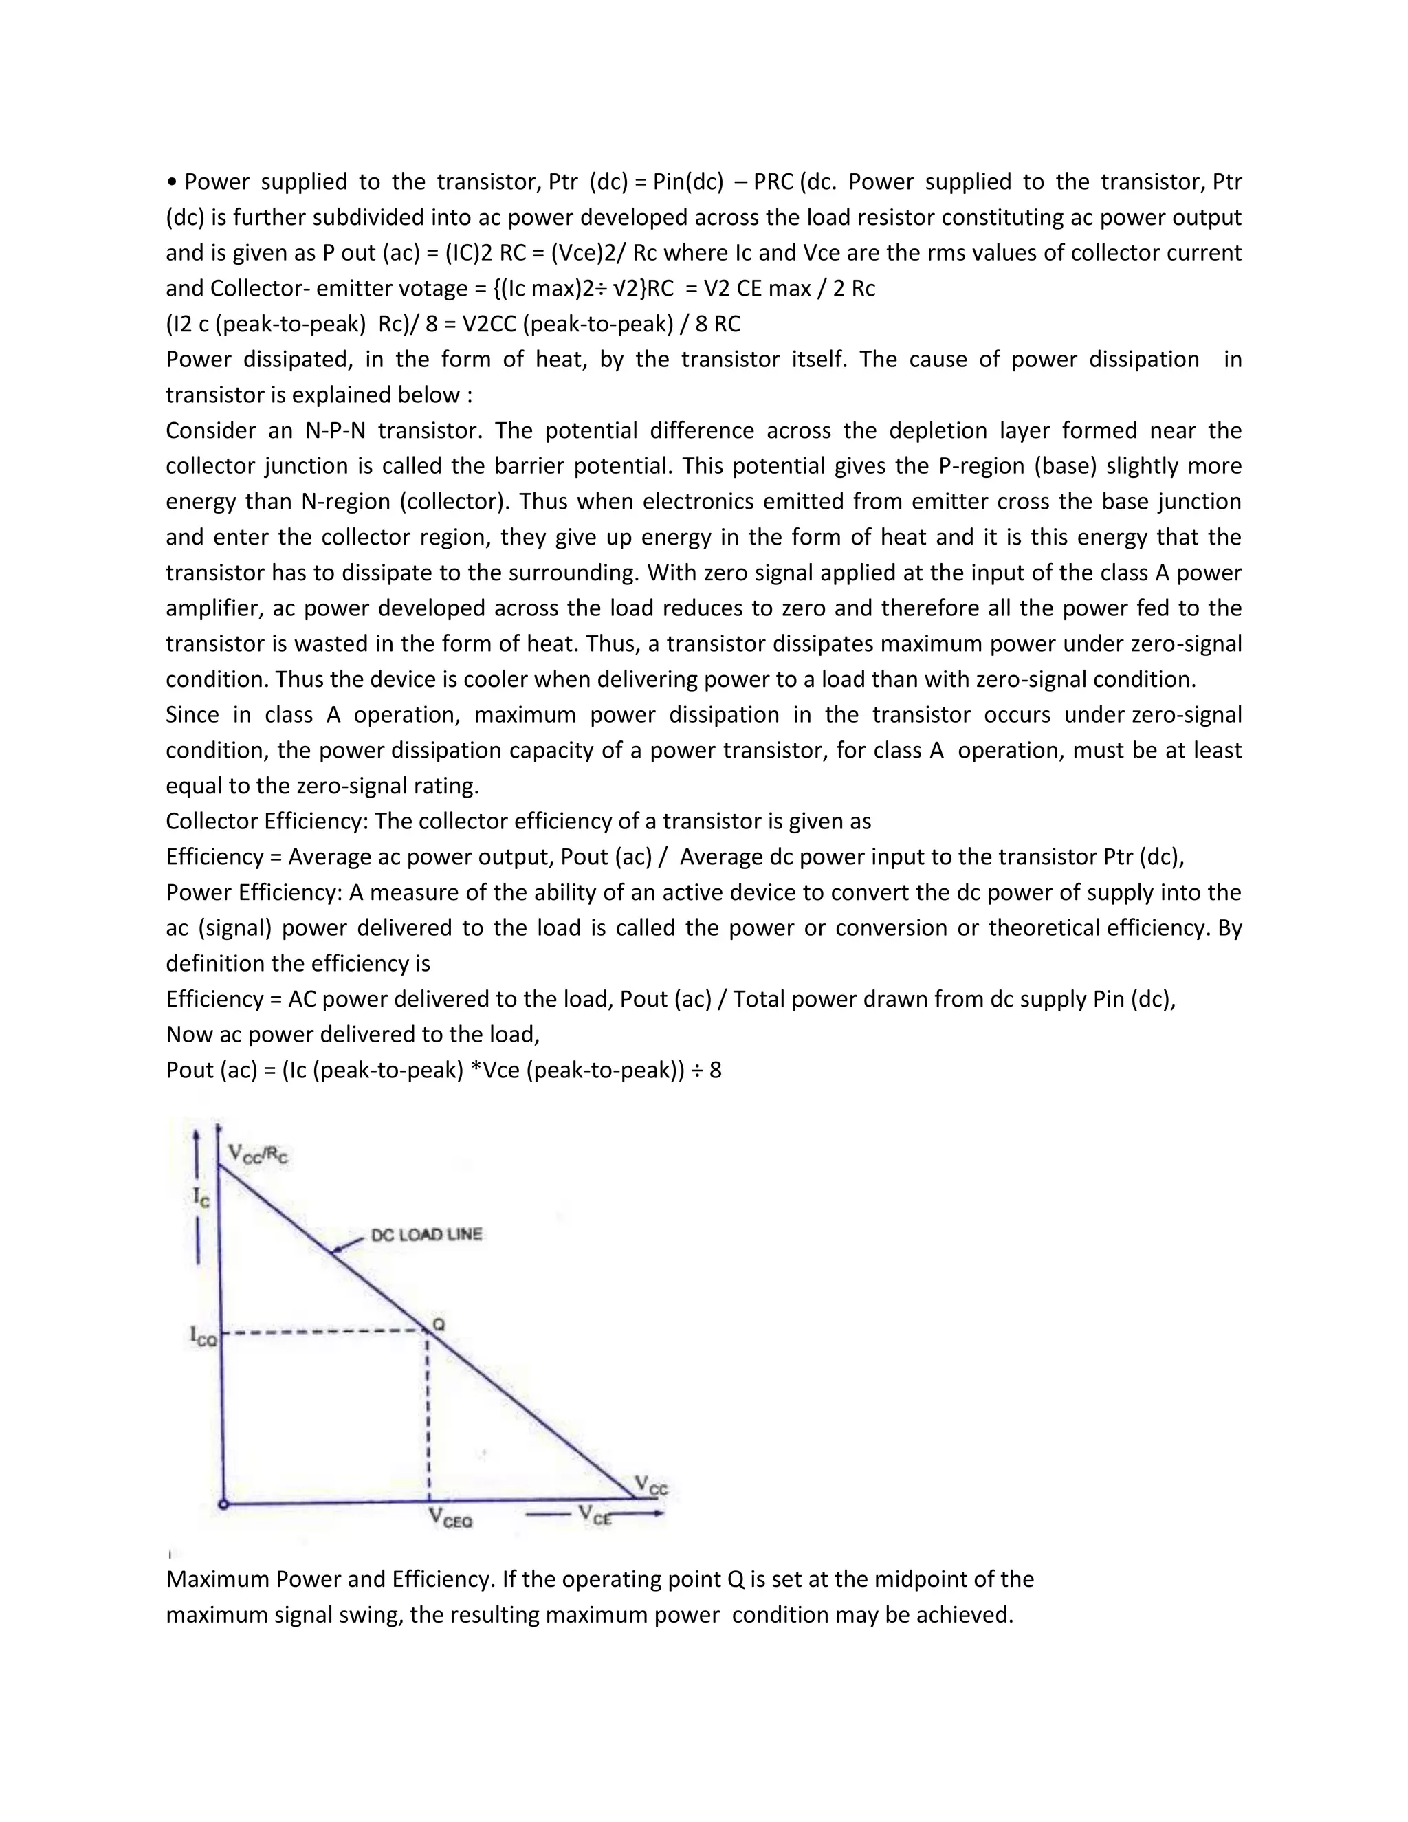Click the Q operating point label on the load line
(439, 1324)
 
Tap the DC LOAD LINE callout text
(426, 1235)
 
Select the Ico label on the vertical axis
(203, 1336)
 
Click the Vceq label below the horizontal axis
(450, 1517)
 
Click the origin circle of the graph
(223, 1503)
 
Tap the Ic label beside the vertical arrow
(201, 1197)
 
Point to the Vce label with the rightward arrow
(595, 1513)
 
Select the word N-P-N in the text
(335, 430)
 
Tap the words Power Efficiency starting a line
(254, 892)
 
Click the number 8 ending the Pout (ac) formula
(715, 1070)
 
